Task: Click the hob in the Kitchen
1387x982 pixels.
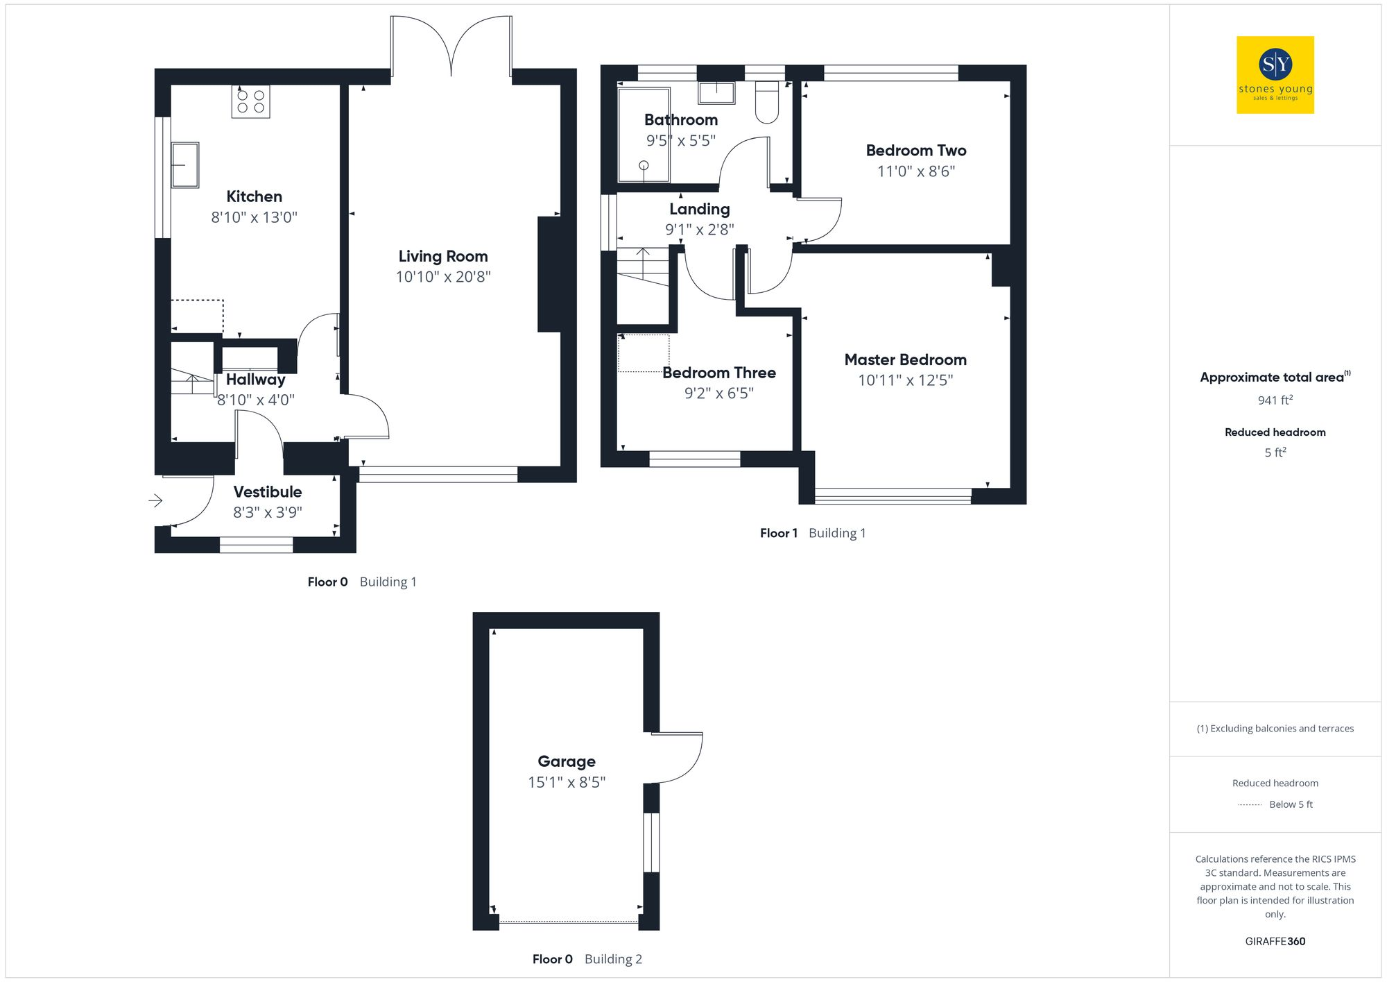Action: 250,101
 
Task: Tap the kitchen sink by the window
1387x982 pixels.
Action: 185,165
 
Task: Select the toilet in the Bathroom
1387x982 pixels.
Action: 766,103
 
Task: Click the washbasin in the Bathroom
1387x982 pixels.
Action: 716,92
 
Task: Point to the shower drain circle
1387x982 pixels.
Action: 644,165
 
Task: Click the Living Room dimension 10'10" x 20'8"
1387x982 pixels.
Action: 443,277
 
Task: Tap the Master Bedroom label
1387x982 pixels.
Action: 905,359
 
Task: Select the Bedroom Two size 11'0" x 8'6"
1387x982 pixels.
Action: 915,171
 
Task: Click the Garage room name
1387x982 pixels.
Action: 567,761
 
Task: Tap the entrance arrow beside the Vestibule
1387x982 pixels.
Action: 155,500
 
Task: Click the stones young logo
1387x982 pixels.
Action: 1275,75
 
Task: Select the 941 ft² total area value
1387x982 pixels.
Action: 1275,400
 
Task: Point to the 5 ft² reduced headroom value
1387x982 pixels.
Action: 1275,452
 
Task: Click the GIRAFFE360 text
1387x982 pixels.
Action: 1275,942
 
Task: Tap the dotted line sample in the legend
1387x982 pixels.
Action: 1250,805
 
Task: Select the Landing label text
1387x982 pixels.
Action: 699,209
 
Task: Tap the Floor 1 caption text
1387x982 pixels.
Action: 778,533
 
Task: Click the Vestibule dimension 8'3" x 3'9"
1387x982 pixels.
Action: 268,513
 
